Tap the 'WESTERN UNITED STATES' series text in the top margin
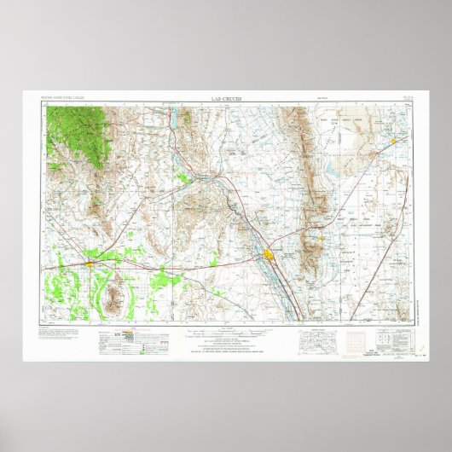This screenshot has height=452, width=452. point(61,100)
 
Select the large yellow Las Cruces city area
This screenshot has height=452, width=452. point(270,255)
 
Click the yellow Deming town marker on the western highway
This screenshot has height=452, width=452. point(90,264)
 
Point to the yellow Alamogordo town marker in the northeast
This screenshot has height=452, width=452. point(394,140)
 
